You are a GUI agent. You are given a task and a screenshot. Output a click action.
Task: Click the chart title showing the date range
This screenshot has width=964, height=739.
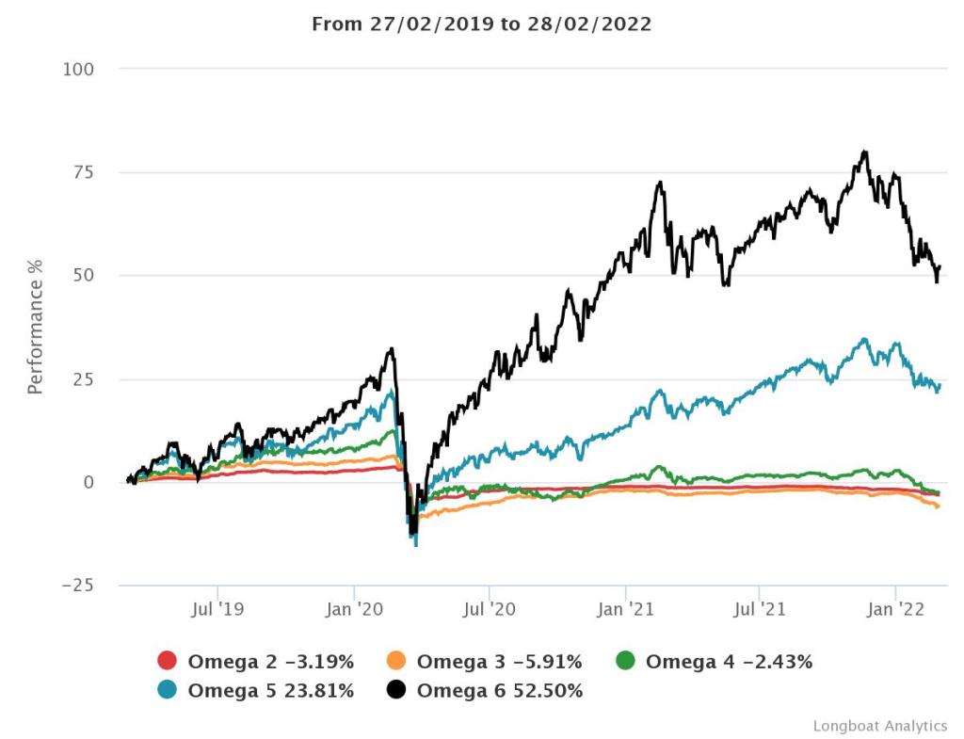click(481, 24)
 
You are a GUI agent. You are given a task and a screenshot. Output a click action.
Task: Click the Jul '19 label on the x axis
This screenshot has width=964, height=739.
click(217, 609)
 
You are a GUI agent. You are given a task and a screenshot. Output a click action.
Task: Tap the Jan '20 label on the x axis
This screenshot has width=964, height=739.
click(353, 609)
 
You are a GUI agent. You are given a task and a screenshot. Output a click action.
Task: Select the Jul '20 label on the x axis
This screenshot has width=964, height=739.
click(490, 609)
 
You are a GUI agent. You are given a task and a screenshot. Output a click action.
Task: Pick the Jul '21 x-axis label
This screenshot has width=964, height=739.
click(760, 609)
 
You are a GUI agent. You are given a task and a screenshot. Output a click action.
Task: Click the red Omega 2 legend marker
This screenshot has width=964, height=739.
click(168, 661)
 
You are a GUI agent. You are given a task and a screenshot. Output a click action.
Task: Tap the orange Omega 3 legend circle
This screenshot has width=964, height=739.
click(396, 661)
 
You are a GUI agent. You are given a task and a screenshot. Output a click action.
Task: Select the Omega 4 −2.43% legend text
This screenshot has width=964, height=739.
click(729, 661)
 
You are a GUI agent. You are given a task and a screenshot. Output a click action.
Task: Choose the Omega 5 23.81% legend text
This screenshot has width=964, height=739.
click(271, 690)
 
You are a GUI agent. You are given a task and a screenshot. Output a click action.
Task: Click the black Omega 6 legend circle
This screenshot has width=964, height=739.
click(396, 690)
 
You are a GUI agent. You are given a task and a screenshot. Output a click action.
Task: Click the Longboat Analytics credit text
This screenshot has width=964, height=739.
click(879, 725)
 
